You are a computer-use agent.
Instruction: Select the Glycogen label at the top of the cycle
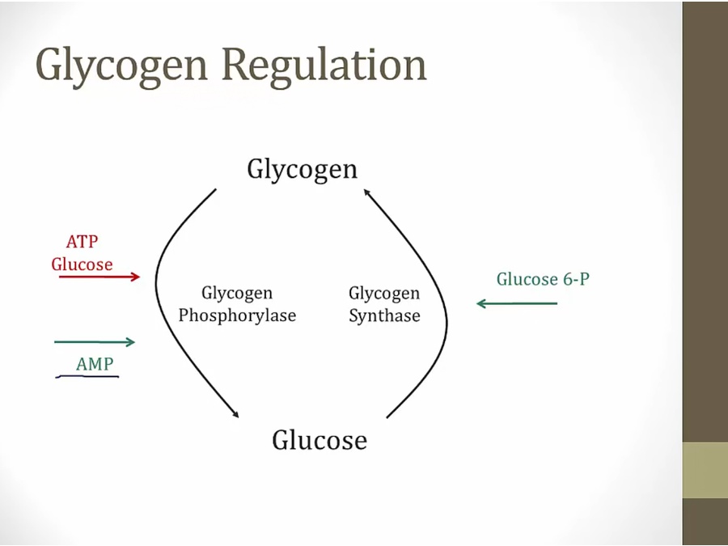(302, 169)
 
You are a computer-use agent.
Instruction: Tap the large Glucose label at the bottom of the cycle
(319, 440)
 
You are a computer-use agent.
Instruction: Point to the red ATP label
(82, 242)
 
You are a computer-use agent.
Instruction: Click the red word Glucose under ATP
(82, 265)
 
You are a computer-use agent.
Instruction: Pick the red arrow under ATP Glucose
(99, 277)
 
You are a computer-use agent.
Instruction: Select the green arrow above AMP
(95, 342)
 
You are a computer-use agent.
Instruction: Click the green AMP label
(95, 365)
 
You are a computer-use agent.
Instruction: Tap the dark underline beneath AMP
(87, 377)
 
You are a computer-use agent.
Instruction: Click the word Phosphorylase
(237, 315)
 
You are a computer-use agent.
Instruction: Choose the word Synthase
(384, 315)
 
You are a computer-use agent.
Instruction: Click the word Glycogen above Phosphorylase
(237, 293)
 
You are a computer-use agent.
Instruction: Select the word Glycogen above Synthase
(384, 293)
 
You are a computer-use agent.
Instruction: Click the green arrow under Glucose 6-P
(517, 303)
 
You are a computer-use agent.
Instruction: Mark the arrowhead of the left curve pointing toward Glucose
(236, 415)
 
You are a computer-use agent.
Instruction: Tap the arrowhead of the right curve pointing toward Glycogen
(366, 192)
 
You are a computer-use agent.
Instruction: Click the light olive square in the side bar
(705, 470)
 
